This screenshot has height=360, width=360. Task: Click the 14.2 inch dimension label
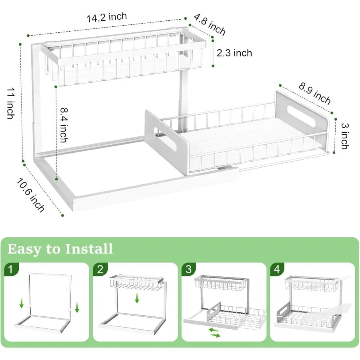[106, 17]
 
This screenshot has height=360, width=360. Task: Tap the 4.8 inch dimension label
[210, 25]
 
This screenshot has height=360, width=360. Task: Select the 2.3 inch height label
[234, 53]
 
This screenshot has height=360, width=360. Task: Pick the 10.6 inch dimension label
[30, 195]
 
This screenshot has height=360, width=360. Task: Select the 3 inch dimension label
[344, 136]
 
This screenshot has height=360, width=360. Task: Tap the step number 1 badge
[11, 269]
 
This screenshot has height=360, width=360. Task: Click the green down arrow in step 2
[137, 298]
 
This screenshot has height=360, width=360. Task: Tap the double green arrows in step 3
[215, 332]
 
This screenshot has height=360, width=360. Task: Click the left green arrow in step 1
[21, 305]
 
